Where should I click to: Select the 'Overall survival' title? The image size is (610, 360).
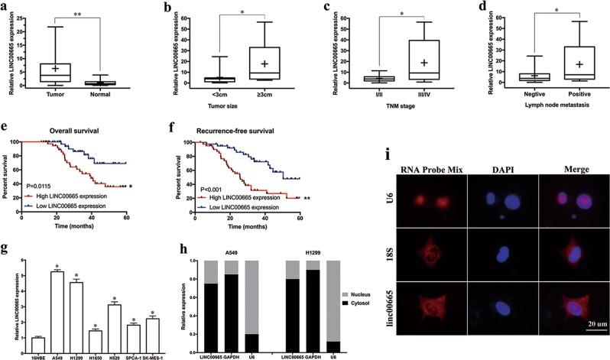click(82, 129)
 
